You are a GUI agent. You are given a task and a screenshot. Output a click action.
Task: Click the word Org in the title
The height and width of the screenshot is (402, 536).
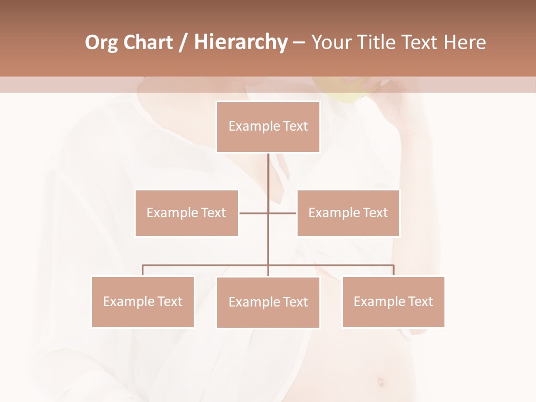(102, 42)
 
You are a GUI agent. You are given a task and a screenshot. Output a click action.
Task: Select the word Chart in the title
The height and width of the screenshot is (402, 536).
(148, 42)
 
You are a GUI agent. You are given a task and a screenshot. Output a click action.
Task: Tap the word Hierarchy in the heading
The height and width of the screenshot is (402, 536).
(241, 42)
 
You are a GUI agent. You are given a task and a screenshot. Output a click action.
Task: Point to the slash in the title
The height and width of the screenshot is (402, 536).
(182, 42)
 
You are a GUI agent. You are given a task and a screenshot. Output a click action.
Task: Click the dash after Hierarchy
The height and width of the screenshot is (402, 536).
(299, 42)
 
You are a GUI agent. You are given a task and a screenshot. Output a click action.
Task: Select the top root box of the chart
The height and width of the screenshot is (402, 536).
(268, 127)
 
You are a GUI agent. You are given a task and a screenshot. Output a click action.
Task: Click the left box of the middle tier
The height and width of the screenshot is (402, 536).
(186, 213)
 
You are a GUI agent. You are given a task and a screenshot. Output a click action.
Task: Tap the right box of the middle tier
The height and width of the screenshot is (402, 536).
(348, 213)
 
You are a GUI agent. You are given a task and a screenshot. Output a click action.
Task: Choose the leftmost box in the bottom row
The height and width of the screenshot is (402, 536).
(143, 301)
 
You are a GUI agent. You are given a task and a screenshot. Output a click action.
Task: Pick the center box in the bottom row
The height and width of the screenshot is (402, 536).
(268, 302)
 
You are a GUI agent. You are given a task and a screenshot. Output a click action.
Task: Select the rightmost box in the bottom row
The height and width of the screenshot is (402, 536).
(393, 301)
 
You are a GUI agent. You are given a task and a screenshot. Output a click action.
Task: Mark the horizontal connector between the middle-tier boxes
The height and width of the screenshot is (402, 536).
(254, 213)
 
